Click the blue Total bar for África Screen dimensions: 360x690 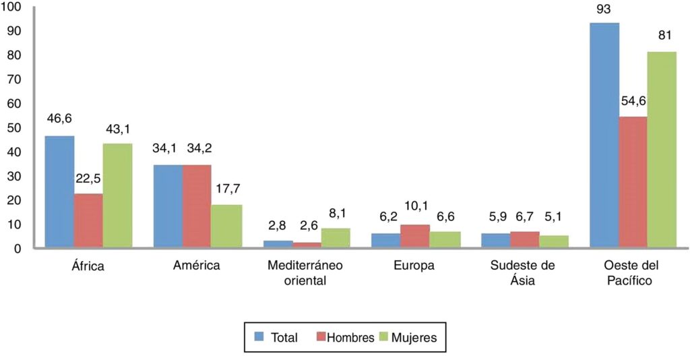(x=59, y=192)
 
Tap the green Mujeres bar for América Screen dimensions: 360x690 (x=227, y=227)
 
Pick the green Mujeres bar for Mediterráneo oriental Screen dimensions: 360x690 (x=336, y=238)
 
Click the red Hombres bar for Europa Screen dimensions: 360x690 (x=415, y=237)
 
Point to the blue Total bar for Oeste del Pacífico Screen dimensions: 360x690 (x=604, y=136)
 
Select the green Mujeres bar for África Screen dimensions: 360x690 (x=117, y=196)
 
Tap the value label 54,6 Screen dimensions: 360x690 (x=633, y=102)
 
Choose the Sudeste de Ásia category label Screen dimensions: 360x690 (x=523, y=272)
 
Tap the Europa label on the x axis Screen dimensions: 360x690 (x=414, y=266)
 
